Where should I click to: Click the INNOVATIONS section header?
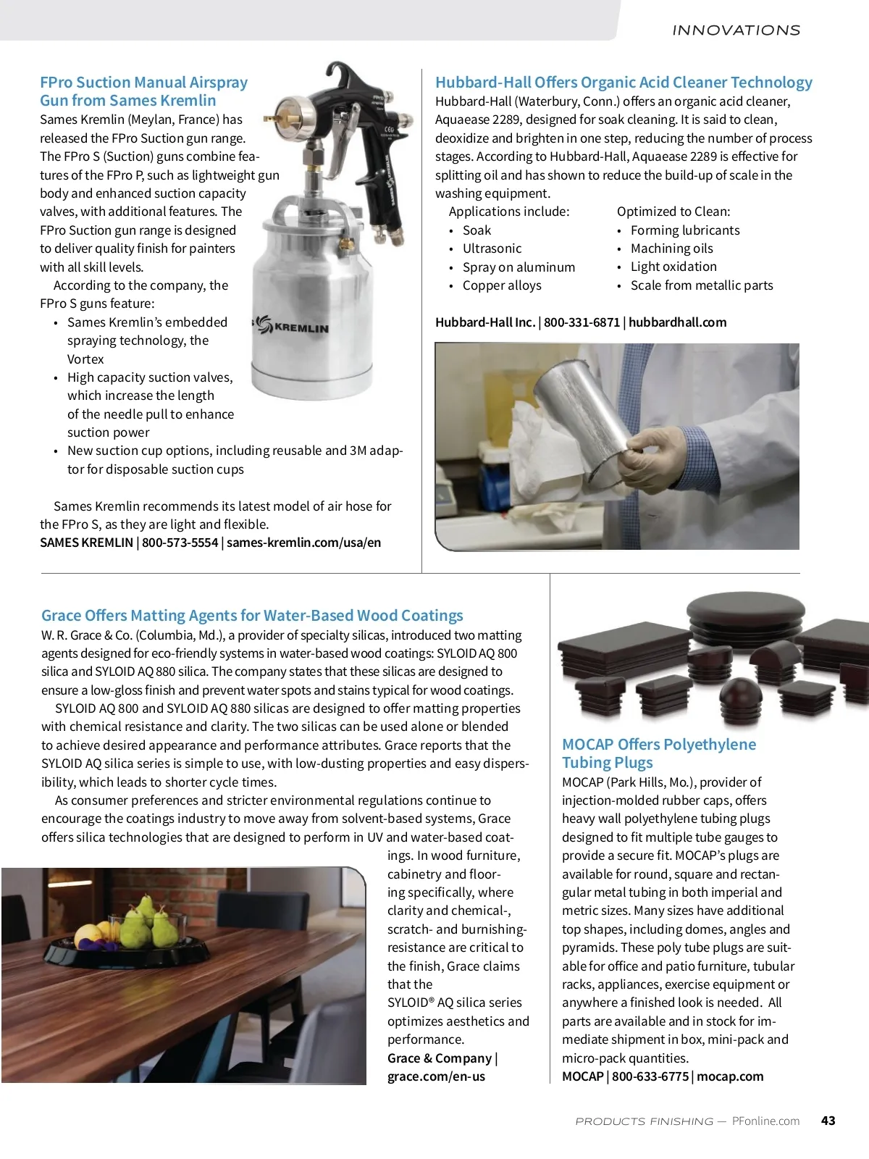(x=736, y=30)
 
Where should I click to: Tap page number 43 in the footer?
(x=828, y=1121)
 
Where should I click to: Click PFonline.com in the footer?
(x=765, y=1121)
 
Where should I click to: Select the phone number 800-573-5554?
(x=180, y=543)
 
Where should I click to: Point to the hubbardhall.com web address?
(x=677, y=322)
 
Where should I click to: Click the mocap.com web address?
(x=730, y=1076)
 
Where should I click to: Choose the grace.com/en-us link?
(x=436, y=1076)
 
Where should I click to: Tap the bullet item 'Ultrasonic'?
(x=492, y=248)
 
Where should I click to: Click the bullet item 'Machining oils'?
(x=671, y=248)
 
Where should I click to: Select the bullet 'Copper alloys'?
(x=502, y=285)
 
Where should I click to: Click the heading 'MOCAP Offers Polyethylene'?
(x=658, y=745)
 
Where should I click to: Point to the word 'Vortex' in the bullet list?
(x=85, y=359)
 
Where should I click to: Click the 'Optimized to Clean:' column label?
(x=673, y=212)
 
